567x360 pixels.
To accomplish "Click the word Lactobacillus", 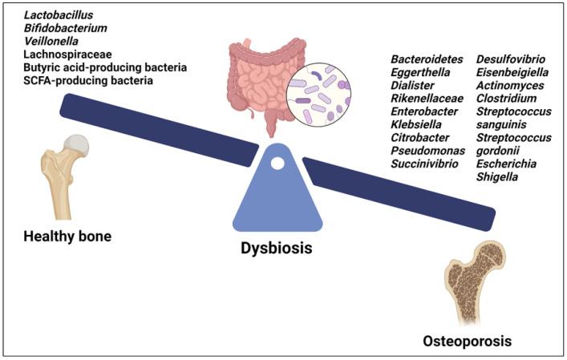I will [58, 15].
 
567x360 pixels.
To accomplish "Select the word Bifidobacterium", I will [65, 28].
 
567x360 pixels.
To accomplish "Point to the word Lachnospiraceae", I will [64, 55].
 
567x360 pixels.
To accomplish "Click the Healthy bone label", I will [67, 237].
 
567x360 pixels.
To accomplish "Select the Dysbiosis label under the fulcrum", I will [277, 249].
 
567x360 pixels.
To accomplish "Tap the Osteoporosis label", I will [467, 342].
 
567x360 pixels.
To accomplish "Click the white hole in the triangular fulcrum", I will [277, 164].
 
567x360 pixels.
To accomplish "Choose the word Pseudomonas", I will [425, 151].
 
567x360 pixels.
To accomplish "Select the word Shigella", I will [497, 176].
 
